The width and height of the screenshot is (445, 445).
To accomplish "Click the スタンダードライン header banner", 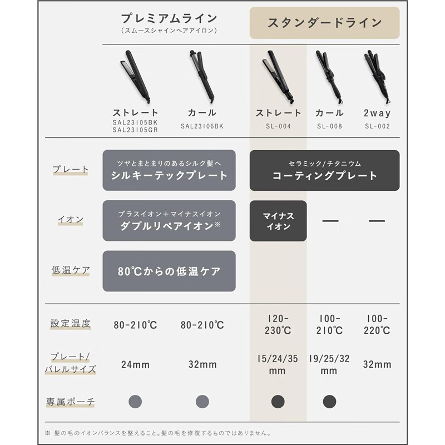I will coord(324,23).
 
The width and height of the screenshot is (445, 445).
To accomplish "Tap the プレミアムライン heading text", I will coord(169,18).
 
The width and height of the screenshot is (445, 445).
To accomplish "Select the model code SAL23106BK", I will coord(202,126).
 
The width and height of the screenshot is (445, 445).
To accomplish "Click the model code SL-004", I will coord(278,126).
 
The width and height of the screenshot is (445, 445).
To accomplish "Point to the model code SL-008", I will coord(329,126).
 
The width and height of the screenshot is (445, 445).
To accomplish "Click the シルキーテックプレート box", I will coord(169,170).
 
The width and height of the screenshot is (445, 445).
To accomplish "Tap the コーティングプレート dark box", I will coord(324,170).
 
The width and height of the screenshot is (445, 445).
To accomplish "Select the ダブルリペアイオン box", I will coord(169,221).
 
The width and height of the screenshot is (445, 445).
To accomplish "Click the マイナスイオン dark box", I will coord(278,221).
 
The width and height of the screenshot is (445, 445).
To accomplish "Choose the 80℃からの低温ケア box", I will coord(169,271).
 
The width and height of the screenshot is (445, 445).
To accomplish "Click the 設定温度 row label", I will coord(70,323).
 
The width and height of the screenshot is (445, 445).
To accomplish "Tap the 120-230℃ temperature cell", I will coord(278,324).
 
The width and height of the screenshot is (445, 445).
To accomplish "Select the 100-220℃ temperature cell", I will coord(377,324).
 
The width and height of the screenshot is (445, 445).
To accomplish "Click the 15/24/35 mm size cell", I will coord(278,365).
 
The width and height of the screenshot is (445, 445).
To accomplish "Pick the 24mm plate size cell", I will coord(136,365).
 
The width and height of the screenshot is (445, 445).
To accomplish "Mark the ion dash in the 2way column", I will coord(377,221).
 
